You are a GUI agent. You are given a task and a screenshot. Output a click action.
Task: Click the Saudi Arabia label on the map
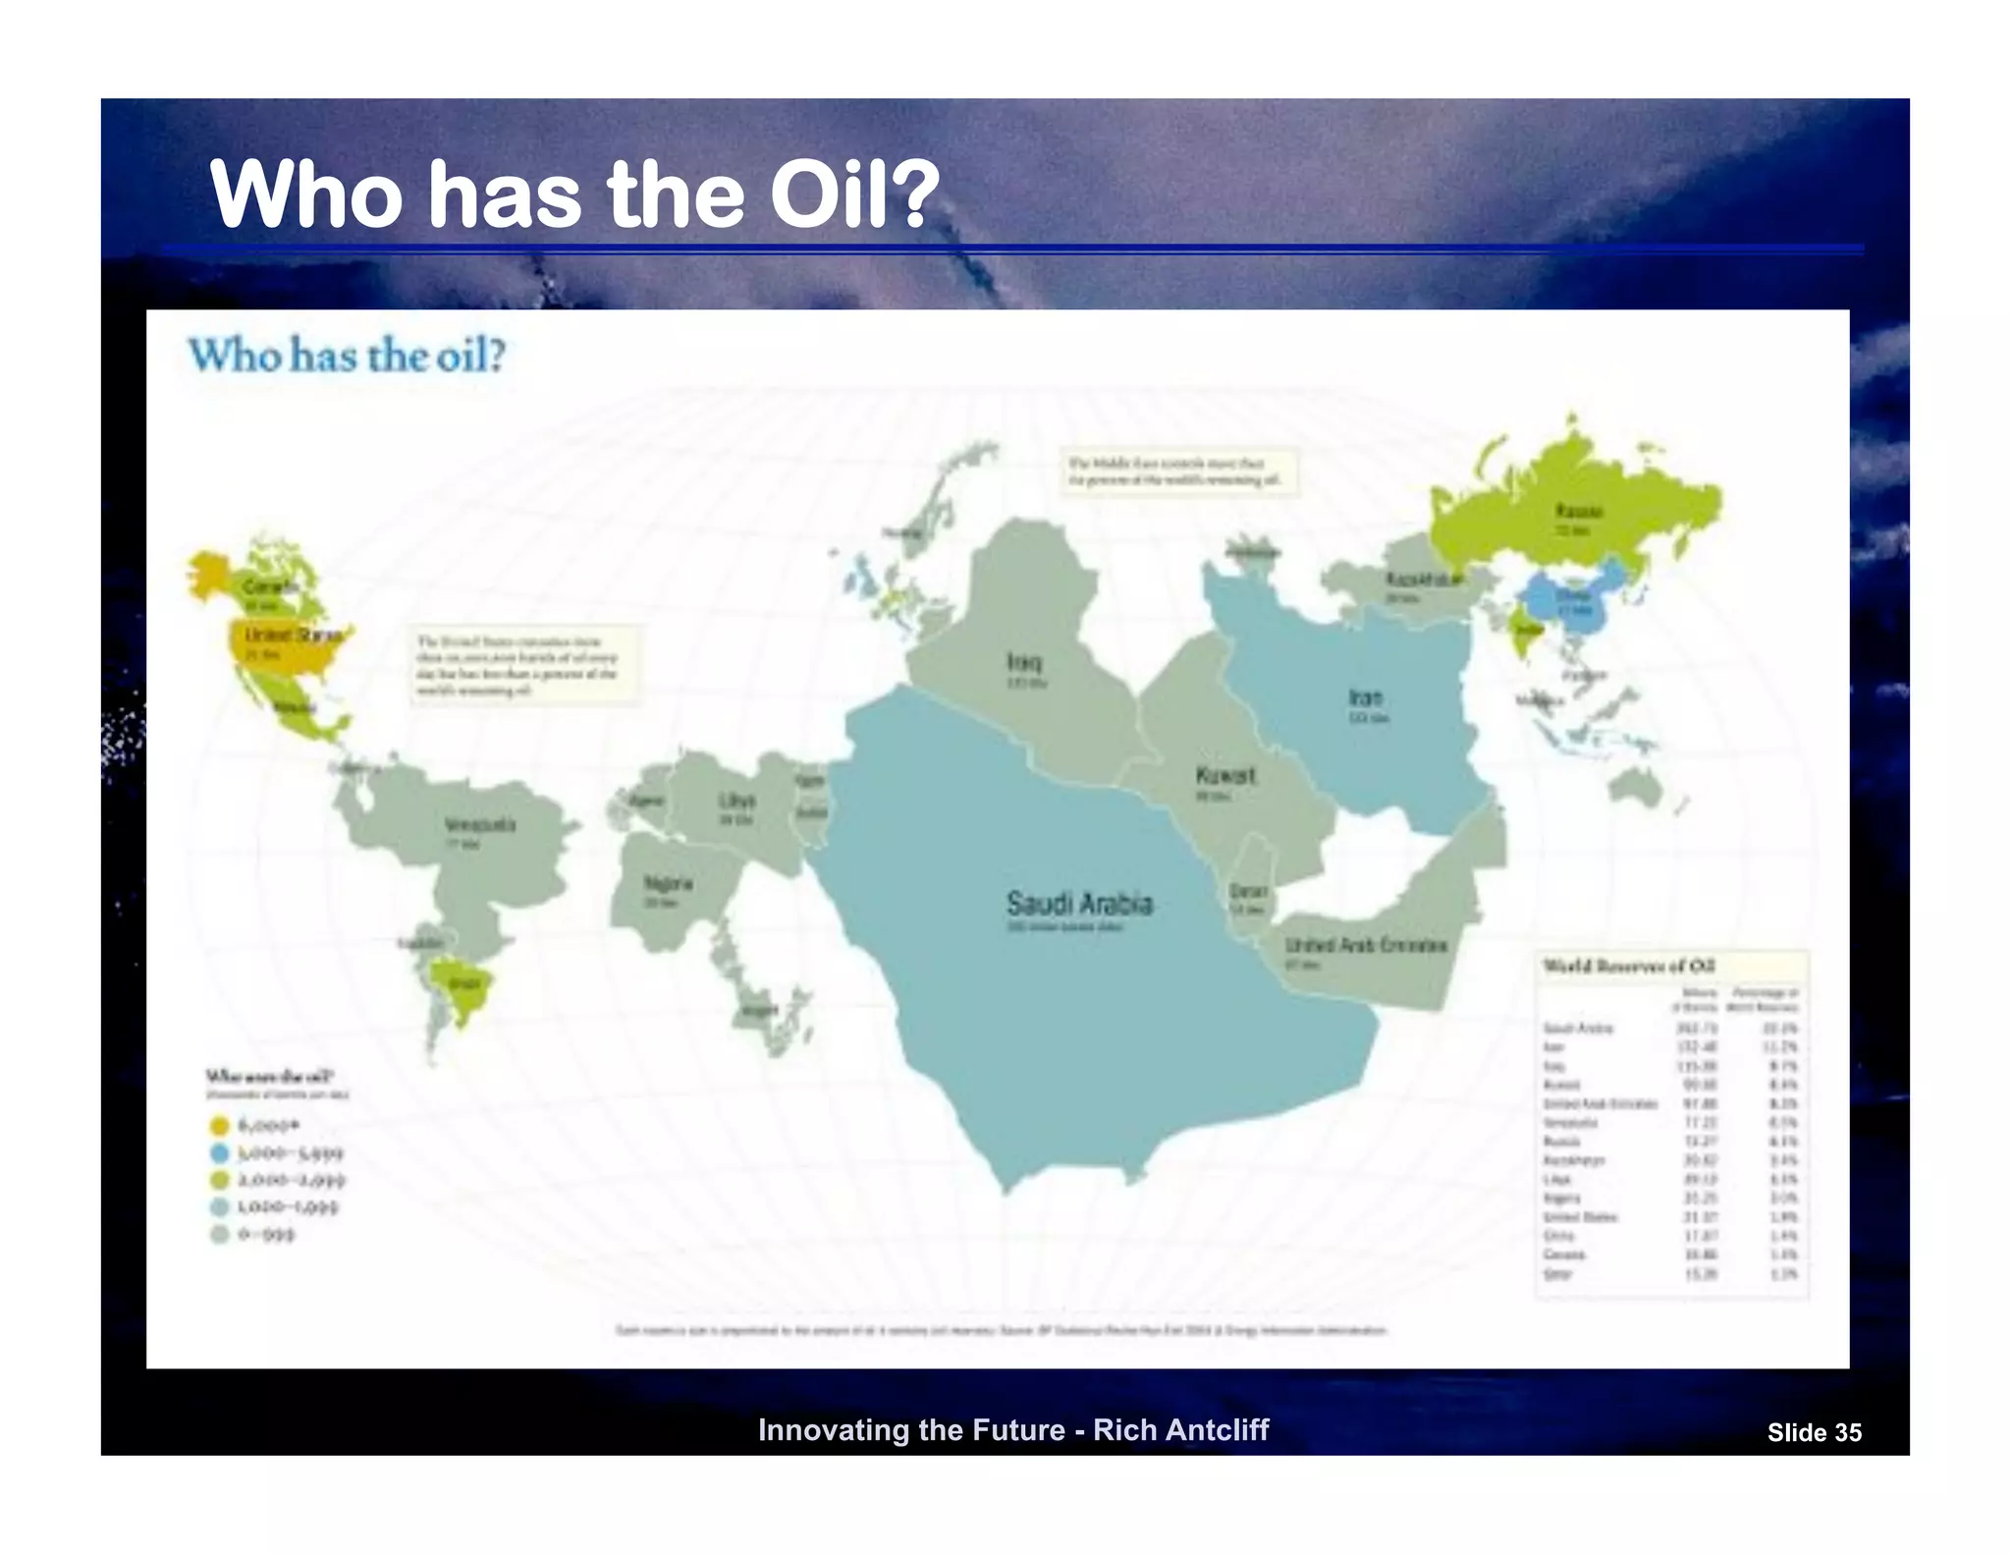click(x=1079, y=903)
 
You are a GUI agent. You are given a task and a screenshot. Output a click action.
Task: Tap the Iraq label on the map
click(x=1023, y=661)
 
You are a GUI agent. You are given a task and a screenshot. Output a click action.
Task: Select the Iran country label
click(x=1366, y=697)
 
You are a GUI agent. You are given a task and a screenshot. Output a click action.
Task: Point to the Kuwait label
click(x=1224, y=775)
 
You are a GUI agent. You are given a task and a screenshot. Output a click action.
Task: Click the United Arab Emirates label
click(x=1366, y=944)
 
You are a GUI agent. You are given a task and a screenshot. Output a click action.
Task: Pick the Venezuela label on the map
click(x=479, y=824)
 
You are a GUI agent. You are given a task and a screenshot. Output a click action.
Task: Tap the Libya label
click(x=736, y=800)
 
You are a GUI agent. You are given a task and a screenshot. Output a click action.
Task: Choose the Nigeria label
click(x=668, y=882)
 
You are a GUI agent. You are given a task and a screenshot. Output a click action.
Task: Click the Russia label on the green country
click(x=1579, y=511)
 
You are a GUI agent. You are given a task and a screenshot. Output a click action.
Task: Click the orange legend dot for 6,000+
click(x=220, y=1126)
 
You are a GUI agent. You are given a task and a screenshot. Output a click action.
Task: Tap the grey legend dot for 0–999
click(x=220, y=1235)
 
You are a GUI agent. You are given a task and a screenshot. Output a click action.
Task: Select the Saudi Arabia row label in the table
click(x=1578, y=1027)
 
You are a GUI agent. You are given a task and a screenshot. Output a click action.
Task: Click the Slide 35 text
click(x=1814, y=1433)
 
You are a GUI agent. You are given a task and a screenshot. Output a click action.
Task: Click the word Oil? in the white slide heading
click(x=853, y=194)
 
